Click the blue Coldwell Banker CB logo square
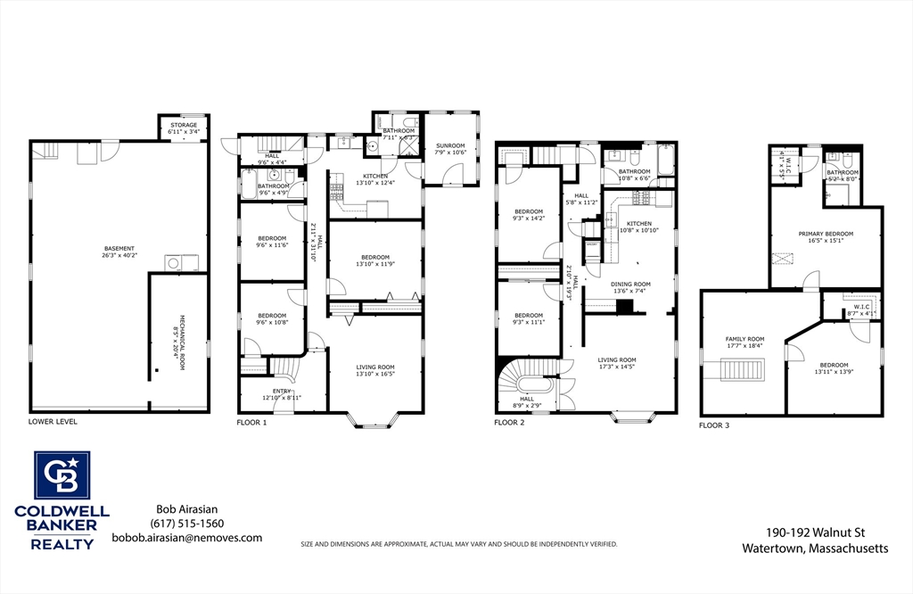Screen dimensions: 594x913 pyautogui.click(x=62, y=475)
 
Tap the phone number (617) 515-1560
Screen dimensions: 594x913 pyautogui.click(x=186, y=524)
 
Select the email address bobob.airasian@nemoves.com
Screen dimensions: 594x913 pyautogui.click(x=186, y=538)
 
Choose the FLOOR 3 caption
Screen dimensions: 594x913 pyautogui.click(x=714, y=425)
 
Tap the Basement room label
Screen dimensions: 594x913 pyautogui.click(x=119, y=252)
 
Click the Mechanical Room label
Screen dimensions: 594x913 pyautogui.click(x=177, y=335)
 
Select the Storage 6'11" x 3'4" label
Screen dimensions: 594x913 pyautogui.click(x=183, y=128)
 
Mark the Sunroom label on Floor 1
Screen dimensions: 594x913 pyautogui.click(x=450, y=148)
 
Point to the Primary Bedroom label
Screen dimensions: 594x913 pyautogui.click(x=826, y=236)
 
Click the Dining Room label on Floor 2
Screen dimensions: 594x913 pyautogui.click(x=629, y=286)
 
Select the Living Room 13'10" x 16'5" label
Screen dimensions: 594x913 pyautogui.click(x=375, y=370)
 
